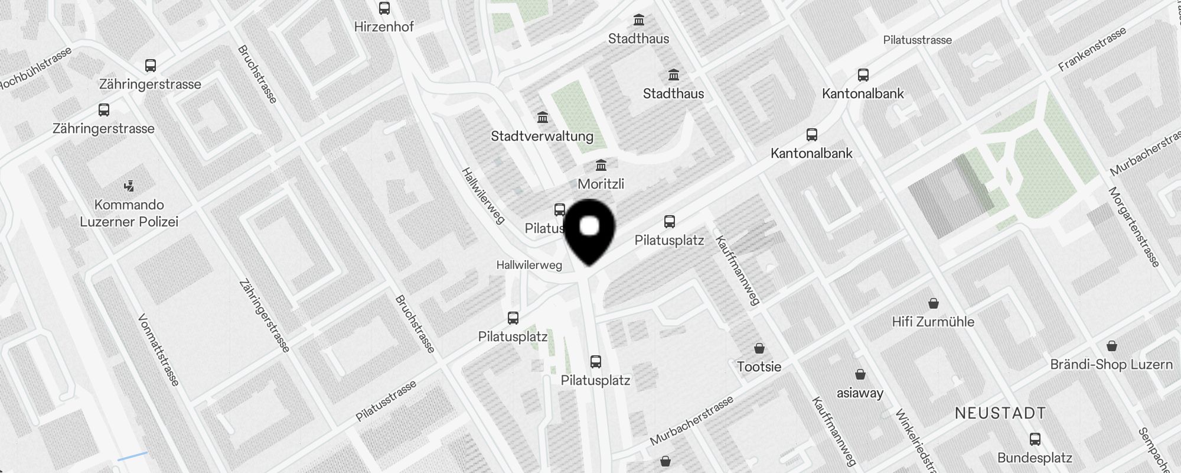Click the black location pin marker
(x=589, y=231)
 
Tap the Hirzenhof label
(x=384, y=27)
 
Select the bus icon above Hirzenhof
(x=384, y=8)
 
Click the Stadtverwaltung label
(x=542, y=136)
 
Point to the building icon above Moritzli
(x=601, y=165)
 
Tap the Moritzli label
(x=601, y=184)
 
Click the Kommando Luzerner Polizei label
(x=129, y=213)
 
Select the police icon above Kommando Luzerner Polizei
(x=129, y=187)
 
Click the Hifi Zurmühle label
(x=933, y=322)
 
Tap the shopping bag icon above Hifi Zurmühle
(x=934, y=303)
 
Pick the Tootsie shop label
(x=759, y=367)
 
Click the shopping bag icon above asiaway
(x=860, y=374)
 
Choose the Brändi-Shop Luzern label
(x=1111, y=364)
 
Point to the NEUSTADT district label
(x=1000, y=413)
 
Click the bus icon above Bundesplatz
(x=1035, y=439)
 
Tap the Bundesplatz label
(x=1035, y=458)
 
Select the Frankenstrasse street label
(x=1092, y=50)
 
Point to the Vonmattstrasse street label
(x=158, y=350)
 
